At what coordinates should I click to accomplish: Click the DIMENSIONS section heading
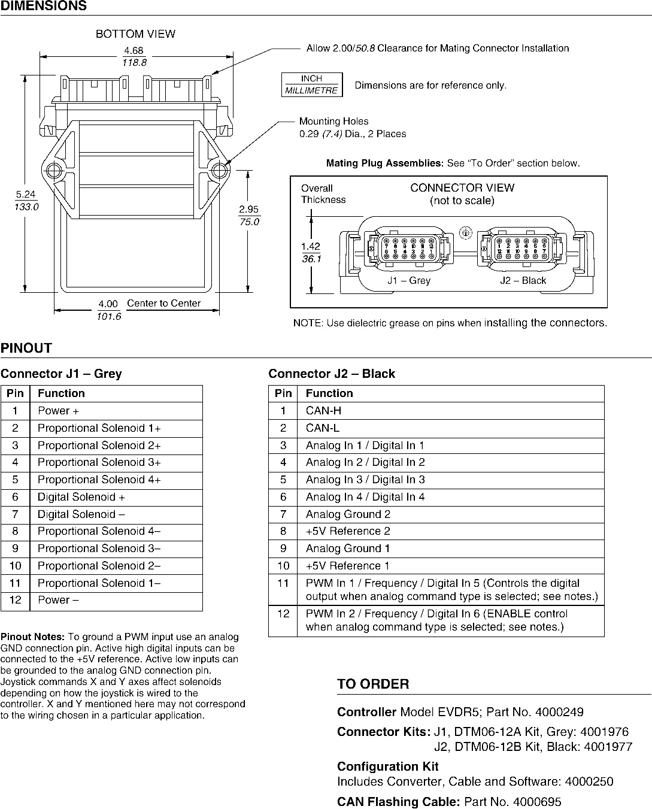point(43,7)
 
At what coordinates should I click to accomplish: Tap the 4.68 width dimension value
point(135,50)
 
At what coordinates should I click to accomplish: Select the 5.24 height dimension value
point(26,195)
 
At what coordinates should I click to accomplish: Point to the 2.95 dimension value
point(248,209)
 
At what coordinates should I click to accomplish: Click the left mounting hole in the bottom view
point(53,168)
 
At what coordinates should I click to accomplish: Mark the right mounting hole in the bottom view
point(217,168)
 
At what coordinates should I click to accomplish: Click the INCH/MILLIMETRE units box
point(312,84)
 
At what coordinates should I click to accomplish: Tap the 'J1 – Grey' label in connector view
point(408,280)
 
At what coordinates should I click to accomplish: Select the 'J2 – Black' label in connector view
point(523,280)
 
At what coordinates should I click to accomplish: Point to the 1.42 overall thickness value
point(310,246)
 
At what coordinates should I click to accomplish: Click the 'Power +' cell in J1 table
point(58,411)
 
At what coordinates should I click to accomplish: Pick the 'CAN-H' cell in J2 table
point(323,411)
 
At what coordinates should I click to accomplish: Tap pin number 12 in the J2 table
point(283,614)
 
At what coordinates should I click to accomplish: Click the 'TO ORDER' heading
point(373,684)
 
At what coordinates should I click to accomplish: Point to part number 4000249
point(559,713)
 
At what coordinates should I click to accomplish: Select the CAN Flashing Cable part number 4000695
point(537,802)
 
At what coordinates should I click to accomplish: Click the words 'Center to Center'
point(163,303)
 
